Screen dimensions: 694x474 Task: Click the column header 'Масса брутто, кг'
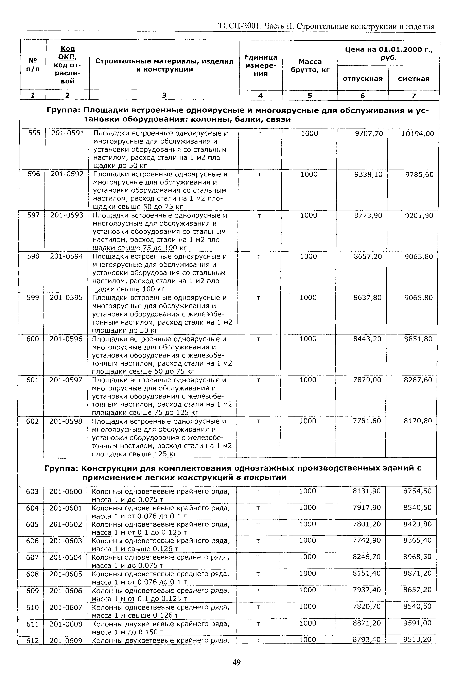(310, 66)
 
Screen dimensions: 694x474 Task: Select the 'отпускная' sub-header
(363, 79)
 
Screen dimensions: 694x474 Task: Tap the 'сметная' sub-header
(414, 79)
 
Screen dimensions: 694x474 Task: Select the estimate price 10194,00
(418, 134)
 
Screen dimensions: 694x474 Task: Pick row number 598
(33, 256)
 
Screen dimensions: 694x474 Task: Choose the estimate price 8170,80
(418, 421)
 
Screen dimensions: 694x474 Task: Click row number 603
(32, 491)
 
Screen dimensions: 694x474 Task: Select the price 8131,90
(367, 491)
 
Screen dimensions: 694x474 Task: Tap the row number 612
(32, 640)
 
